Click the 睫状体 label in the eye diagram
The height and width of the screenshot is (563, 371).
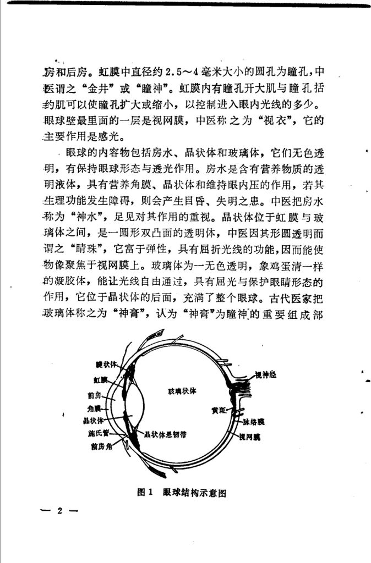pos(106,365)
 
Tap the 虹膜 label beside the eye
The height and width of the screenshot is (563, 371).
pos(100,379)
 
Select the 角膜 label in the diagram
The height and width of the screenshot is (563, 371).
pos(94,409)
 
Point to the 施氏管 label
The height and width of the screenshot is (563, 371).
pos(98,433)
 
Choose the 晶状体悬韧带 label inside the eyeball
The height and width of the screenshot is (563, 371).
pos(164,434)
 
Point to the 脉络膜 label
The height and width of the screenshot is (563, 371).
pos(254,422)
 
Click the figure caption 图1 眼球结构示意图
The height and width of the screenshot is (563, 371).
pos(182,493)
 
